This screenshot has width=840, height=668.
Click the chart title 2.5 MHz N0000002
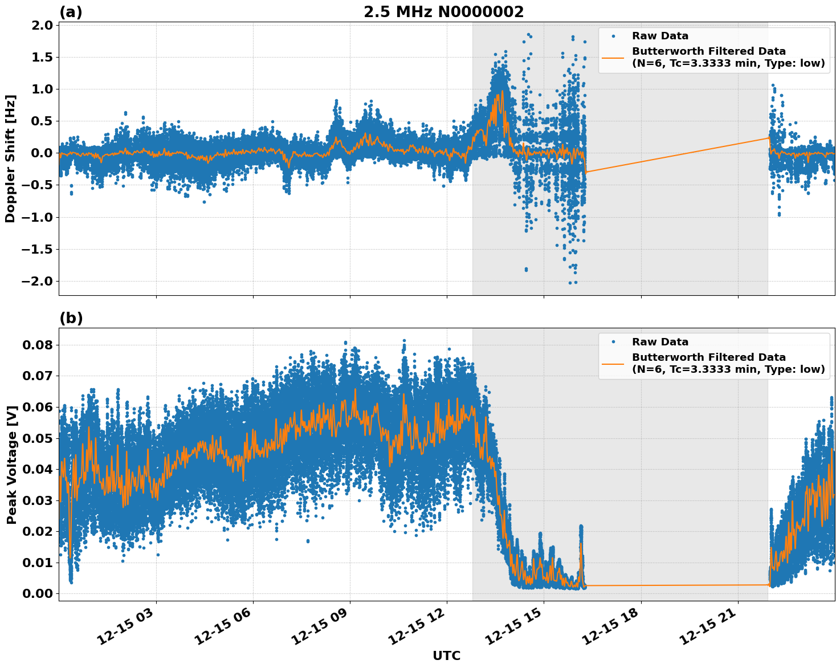point(443,12)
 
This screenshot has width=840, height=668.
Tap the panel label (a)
point(71,12)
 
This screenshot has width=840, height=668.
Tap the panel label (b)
point(71,318)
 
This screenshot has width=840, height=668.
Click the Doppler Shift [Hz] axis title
point(10,158)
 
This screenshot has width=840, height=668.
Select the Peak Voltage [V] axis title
point(11,464)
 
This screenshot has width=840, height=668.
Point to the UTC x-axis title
point(446,655)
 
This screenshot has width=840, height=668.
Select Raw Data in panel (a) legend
point(660,36)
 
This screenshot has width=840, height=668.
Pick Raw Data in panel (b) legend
point(660,342)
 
